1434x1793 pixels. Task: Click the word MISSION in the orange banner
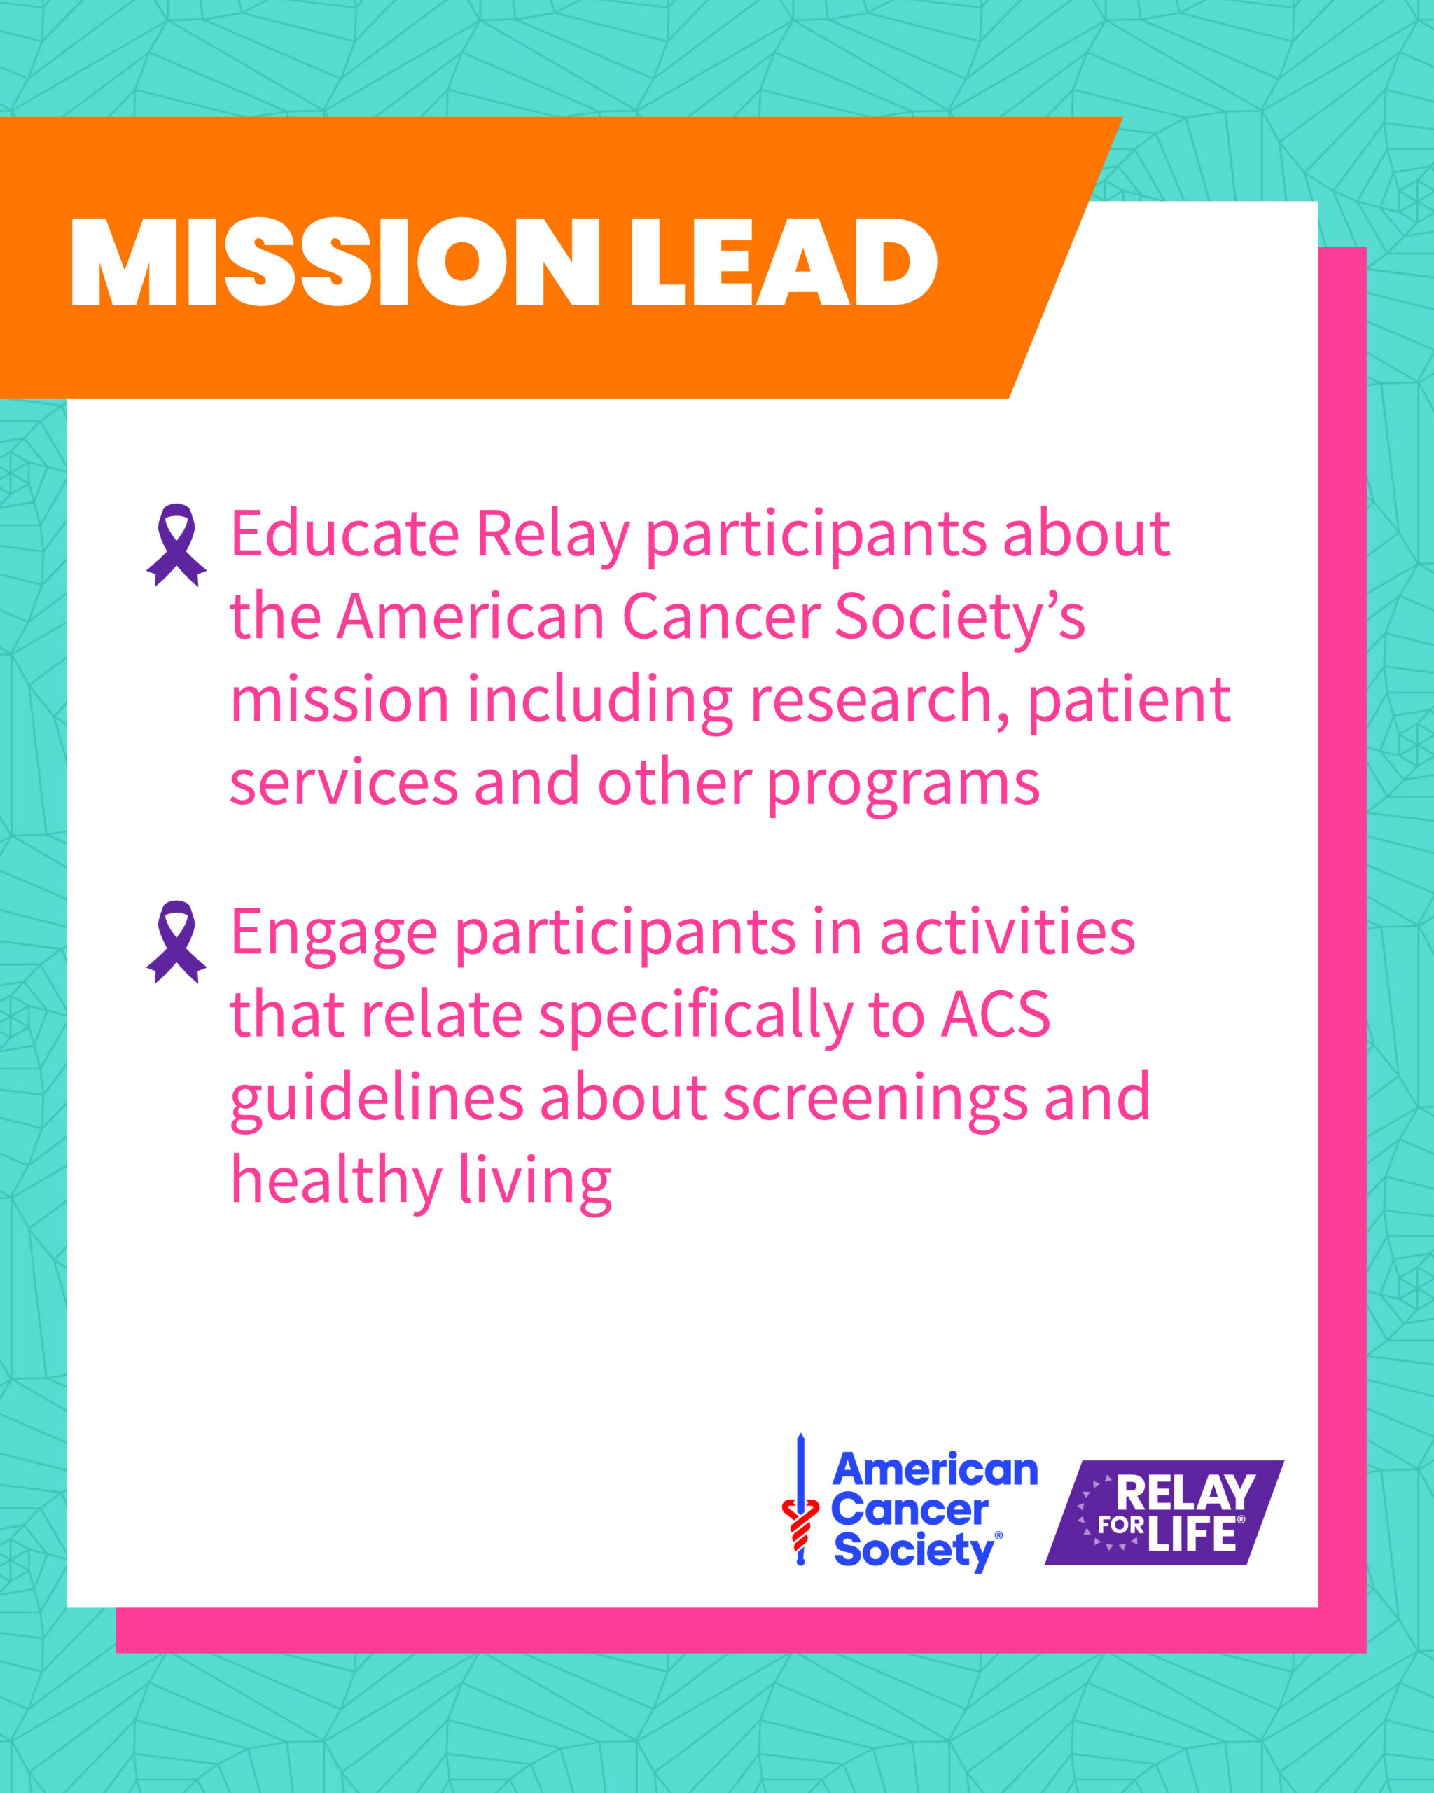tap(335, 262)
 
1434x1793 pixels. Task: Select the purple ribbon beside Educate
tap(176, 545)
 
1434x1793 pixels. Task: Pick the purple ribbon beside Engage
tap(176, 941)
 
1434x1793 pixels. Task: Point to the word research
tap(880, 700)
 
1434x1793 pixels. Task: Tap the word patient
tap(1129, 700)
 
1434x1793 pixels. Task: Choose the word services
tap(343, 784)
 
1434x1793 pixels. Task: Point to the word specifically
tap(696, 1016)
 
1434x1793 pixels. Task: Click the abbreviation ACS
tap(996, 1015)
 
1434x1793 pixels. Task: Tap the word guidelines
tap(376, 1099)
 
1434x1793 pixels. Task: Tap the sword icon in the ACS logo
tap(800, 1500)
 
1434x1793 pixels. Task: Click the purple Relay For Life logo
tap(1164, 1513)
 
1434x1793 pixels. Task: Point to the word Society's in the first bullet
tap(959, 617)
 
